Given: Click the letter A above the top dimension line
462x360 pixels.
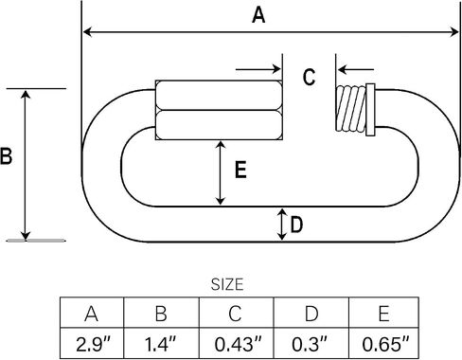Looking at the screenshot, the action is pos(258,15).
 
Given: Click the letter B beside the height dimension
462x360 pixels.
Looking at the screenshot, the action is pos(6,156).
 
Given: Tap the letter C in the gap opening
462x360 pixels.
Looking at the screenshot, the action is pos(309,78).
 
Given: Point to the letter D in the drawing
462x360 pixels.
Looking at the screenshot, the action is pos(296,225).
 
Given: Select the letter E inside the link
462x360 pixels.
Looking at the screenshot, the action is pos(240,170).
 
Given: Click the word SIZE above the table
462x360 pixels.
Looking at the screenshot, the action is pos(227,284).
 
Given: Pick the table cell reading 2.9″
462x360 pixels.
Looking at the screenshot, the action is pos(92,344).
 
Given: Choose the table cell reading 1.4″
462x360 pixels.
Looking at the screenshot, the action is pos(161,344).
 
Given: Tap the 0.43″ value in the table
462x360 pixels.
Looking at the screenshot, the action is pos(238,344).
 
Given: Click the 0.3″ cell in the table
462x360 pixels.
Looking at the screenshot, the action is pos(311,344).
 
